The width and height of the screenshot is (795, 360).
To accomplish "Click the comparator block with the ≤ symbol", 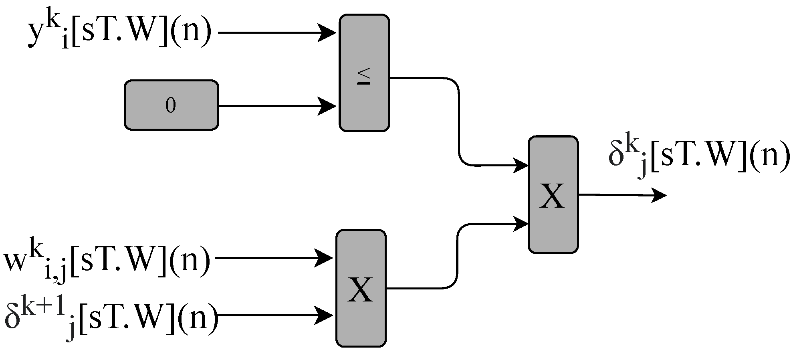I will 364,73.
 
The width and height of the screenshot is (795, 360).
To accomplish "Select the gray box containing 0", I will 172,105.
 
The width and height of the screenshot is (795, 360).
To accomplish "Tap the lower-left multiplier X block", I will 361,288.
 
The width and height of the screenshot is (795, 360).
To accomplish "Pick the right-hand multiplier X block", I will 553,195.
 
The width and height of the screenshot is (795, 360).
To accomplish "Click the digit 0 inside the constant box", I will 171,105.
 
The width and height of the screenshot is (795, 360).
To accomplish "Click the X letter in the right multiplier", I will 552,196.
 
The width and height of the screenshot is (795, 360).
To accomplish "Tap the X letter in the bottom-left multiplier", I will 360,290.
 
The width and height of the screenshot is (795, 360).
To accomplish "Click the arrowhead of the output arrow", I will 660,195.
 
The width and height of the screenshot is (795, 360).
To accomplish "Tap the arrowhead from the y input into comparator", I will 328,32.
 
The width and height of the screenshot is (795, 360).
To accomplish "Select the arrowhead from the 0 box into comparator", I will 328,106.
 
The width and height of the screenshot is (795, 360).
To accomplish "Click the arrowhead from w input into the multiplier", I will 325,258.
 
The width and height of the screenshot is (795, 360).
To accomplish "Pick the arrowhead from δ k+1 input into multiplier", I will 325,316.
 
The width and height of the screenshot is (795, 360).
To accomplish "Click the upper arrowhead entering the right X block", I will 521,165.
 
